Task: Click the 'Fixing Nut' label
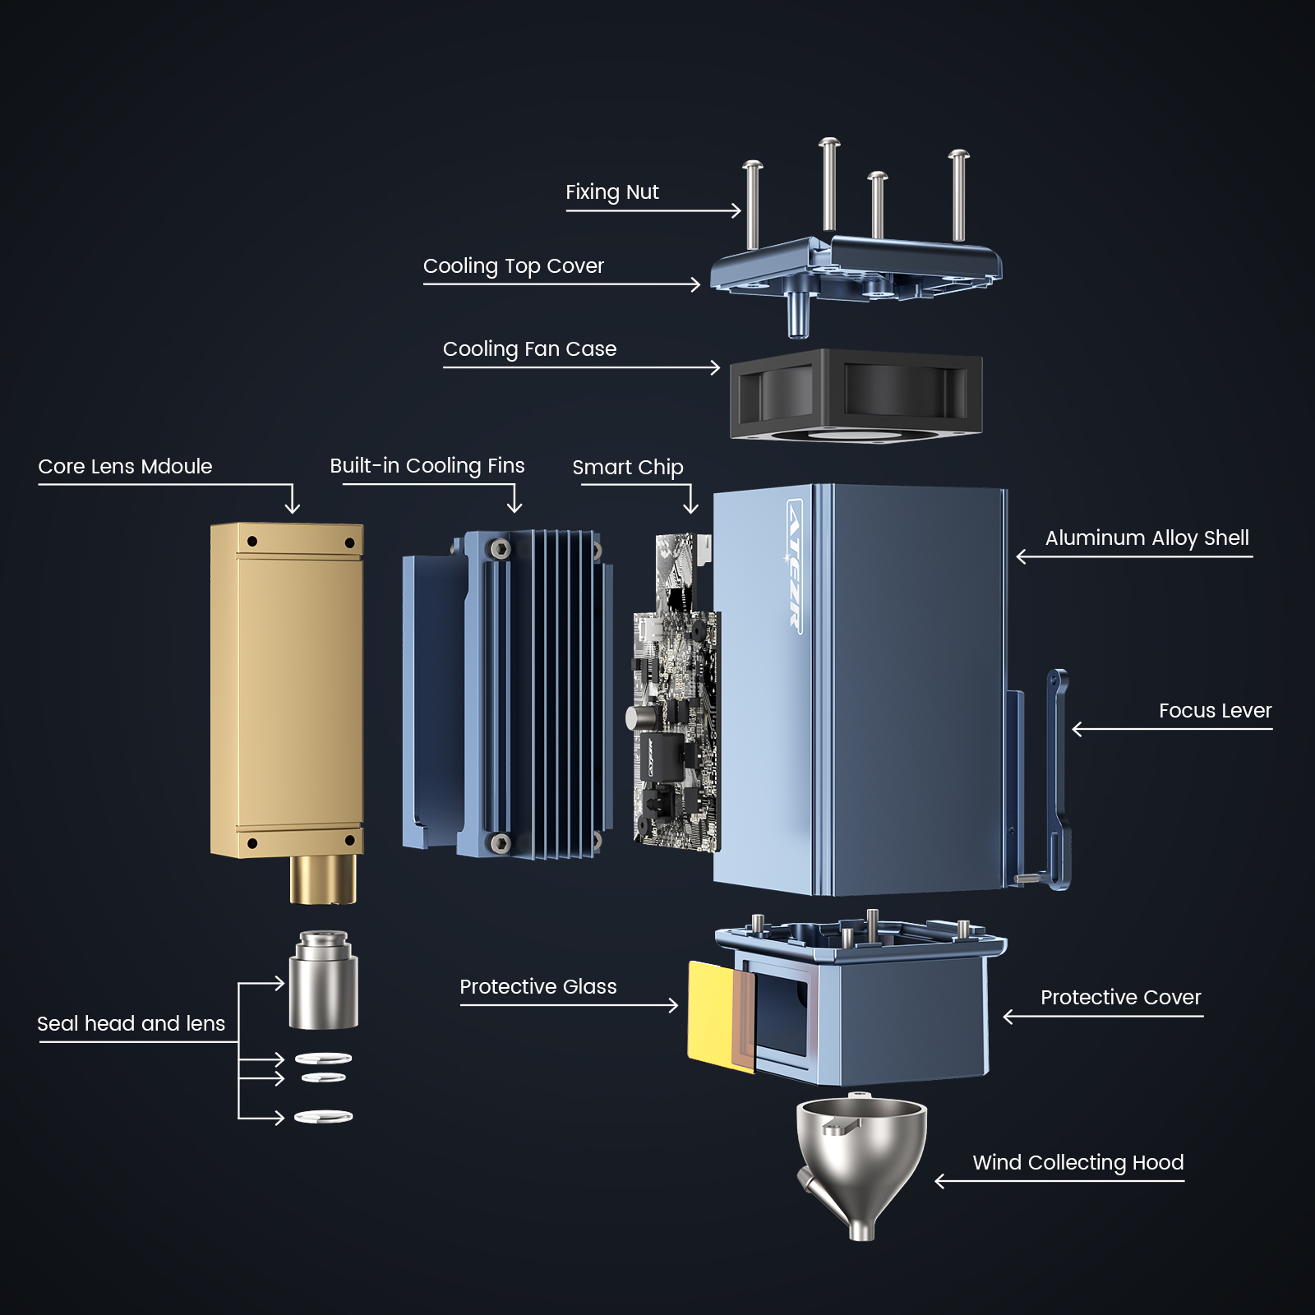click(x=611, y=192)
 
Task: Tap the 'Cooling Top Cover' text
click(x=514, y=266)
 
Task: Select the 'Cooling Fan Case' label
click(x=529, y=349)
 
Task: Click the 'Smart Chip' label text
click(x=628, y=468)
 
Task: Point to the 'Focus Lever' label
click(x=1215, y=711)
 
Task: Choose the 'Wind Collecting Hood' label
click(x=1078, y=1163)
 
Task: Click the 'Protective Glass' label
click(x=538, y=987)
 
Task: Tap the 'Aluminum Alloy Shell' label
click(x=1147, y=538)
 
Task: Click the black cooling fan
click(x=856, y=394)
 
